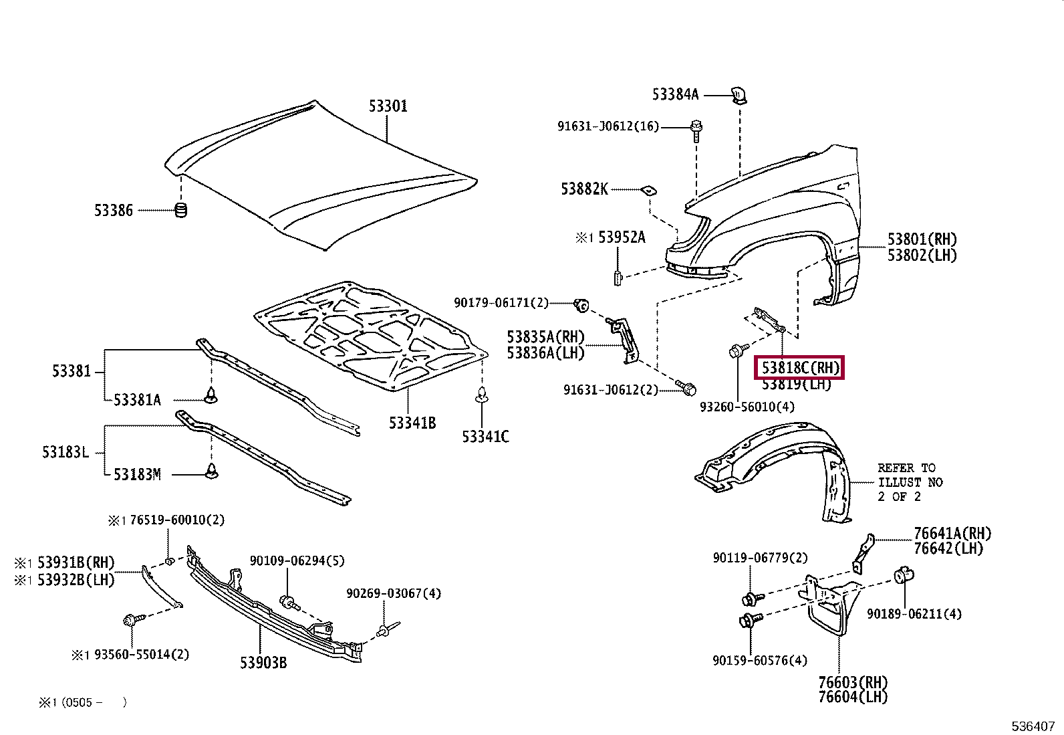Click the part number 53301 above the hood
(388, 106)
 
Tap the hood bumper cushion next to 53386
(180, 210)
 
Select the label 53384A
(675, 95)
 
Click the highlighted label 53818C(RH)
(799, 368)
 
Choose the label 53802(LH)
(922, 255)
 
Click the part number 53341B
(412, 423)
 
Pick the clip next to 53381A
(212, 395)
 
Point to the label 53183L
(65, 452)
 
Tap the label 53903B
(263, 663)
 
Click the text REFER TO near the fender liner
(906, 468)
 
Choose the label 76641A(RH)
(952, 534)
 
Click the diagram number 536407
(1033, 725)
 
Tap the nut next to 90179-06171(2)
(581, 306)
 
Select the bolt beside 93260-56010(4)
(737, 351)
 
